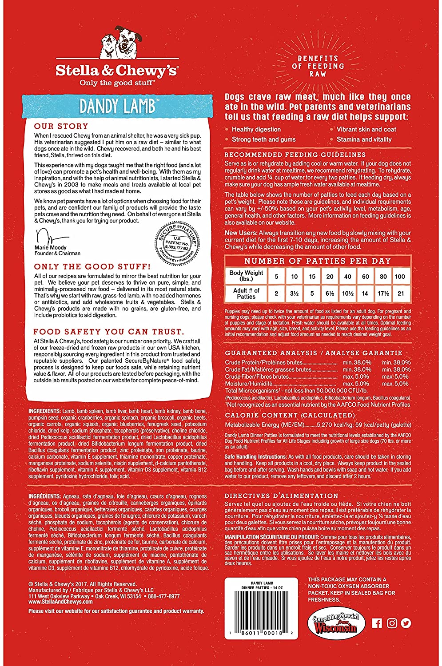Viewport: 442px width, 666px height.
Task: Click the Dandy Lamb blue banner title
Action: [x=118, y=107]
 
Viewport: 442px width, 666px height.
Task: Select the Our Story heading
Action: [x=61, y=126]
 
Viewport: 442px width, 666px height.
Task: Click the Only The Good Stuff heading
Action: [x=92, y=267]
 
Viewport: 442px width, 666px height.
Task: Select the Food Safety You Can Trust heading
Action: [x=108, y=332]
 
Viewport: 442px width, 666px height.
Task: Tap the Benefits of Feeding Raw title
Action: [x=318, y=66]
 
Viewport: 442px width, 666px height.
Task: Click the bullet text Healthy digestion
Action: [x=256, y=129]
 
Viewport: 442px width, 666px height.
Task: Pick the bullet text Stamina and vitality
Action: [x=364, y=139]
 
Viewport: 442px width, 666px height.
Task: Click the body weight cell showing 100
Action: [x=400, y=276]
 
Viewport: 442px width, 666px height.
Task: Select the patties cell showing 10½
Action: [x=347, y=293]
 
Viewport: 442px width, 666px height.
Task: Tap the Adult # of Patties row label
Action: [x=246, y=293]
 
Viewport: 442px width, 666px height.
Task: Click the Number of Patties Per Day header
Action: [x=318, y=261]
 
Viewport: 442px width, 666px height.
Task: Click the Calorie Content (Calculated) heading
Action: [x=290, y=416]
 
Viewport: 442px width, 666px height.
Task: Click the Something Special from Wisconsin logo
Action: [x=335, y=623]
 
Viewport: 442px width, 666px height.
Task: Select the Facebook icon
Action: [x=377, y=623]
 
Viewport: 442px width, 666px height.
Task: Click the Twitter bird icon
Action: [x=406, y=623]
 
